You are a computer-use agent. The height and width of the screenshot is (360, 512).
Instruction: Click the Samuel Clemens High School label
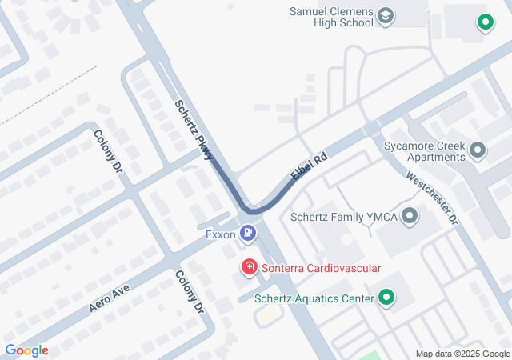332,17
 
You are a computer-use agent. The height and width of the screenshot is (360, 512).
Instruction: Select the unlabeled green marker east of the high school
483,22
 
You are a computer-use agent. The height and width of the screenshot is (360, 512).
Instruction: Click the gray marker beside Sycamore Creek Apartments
478,150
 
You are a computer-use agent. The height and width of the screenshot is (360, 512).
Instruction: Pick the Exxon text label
220,234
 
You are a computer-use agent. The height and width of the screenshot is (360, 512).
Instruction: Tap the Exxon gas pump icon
250,234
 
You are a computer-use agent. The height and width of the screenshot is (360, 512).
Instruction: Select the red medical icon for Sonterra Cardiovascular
250,266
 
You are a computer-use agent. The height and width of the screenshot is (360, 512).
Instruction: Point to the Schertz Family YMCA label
343,217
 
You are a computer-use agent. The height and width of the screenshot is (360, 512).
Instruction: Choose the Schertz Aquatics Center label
314,299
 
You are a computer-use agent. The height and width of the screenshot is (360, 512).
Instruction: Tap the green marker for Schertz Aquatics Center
386,298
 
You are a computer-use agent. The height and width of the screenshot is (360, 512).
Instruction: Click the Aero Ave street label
110,295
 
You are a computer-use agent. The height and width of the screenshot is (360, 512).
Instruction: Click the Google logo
26,350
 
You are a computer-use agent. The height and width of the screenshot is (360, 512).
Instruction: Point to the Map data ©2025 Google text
462,354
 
